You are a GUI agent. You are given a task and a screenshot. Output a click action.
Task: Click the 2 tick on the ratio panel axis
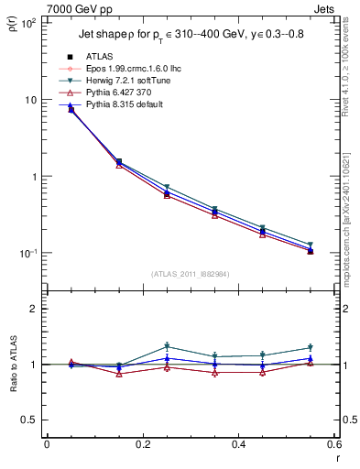tap(32, 309)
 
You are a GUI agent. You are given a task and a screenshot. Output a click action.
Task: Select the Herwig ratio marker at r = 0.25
tap(167, 347)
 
